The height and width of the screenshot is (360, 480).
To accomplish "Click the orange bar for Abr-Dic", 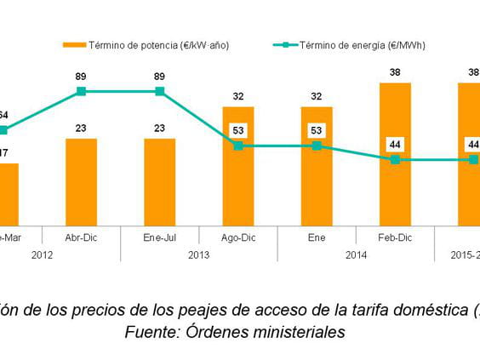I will tap(81, 181).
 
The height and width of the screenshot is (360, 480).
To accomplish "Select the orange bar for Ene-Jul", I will tap(159, 181).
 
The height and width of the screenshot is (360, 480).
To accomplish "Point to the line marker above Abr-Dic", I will tap(81, 91).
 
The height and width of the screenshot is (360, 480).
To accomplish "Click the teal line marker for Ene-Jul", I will tap(159, 91).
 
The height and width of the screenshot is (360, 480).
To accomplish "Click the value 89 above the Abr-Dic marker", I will tap(81, 77).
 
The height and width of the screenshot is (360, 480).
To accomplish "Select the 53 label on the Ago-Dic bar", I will tap(238, 130).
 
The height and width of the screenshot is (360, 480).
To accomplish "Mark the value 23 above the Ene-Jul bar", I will tap(159, 129).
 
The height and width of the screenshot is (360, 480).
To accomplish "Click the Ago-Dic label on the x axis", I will tap(238, 237).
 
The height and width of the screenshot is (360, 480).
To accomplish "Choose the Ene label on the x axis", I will tap(317, 237).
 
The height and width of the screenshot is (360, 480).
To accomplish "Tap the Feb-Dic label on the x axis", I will tap(395, 237).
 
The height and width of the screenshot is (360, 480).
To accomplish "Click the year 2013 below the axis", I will tap(198, 254).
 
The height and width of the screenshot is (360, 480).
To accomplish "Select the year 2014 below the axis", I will tap(356, 254).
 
